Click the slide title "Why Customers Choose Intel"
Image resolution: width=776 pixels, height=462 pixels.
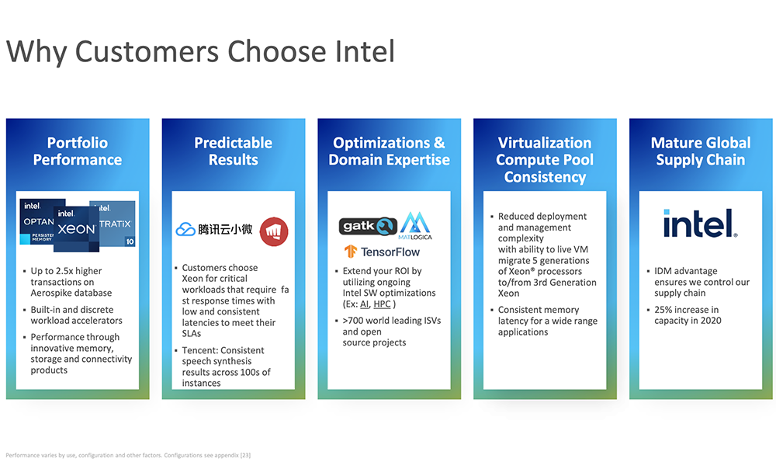point(200,51)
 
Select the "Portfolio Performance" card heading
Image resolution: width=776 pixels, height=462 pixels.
point(78,151)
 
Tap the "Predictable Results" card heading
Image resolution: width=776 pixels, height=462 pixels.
point(233,151)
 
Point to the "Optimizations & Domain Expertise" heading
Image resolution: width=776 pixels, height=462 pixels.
point(389,151)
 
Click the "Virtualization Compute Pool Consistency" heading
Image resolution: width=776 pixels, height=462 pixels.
point(545,159)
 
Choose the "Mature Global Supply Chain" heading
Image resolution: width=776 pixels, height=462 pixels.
point(701,151)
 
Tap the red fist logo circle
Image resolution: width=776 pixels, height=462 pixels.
point(274,231)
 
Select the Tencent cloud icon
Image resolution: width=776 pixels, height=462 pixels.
point(185,229)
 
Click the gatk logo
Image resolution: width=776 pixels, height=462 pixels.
point(368,226)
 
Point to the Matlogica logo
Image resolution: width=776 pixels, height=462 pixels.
point(415,226)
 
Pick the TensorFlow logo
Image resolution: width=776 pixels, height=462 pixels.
point(382,252)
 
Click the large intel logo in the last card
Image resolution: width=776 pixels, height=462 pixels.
point(700,224)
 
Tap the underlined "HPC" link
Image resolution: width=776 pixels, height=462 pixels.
point(382,304)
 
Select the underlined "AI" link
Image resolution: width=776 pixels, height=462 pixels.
point(364,304)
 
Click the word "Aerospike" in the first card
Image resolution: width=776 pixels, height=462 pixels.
point(52,293)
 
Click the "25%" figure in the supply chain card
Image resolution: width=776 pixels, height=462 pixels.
point(663,310)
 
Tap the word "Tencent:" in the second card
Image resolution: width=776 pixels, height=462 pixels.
point(201,350)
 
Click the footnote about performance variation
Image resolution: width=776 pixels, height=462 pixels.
point(128,455)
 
